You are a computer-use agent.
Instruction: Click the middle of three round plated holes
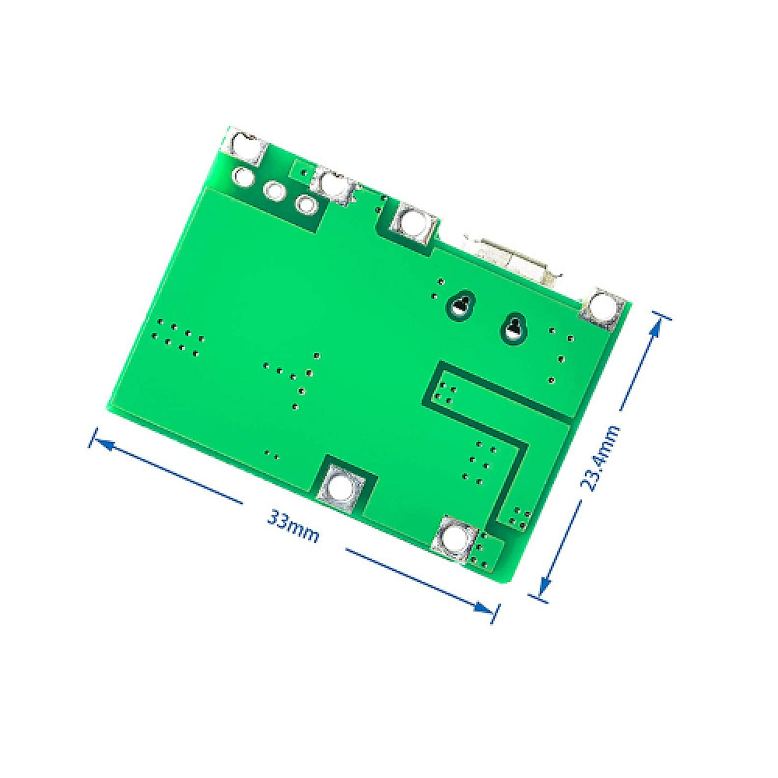click(x=275, y=190)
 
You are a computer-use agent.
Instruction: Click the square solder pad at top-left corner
click(x=244, y=145)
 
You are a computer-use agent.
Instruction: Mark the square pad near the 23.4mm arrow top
click(x=601, y=307)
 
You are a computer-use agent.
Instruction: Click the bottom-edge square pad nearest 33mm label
click(x=340, y=487)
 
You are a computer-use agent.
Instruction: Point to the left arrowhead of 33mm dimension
click(x=97, y=439)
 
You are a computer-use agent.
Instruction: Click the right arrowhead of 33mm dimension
click(x=489, y=610)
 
